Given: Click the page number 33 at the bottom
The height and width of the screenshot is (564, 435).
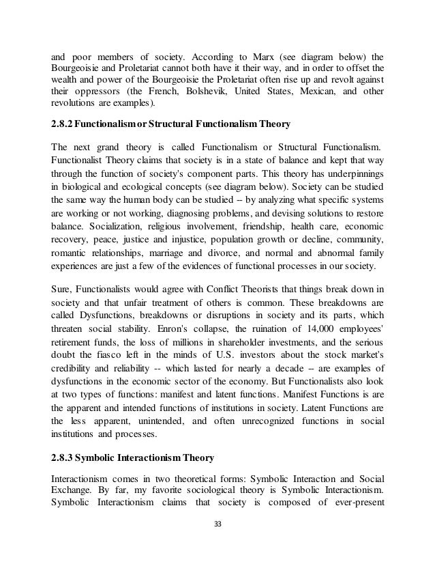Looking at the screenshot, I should click(x=217, y=545).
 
